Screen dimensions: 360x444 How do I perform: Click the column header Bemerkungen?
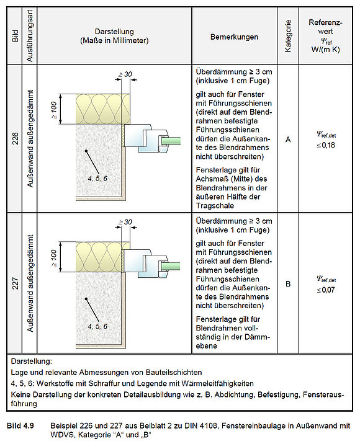(x=234, y=37)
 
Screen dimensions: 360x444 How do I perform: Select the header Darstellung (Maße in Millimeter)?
(x=114, y=36)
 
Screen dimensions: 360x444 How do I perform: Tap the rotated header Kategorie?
(x=288, y=36)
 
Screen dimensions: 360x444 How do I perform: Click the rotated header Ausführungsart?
(x=29, y=36)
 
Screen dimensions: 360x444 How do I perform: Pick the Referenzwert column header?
(x=325, y=36)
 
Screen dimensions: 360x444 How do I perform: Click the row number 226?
(x=15, y=138)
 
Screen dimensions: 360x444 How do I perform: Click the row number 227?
(x=15, y=283)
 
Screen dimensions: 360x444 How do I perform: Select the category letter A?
(x=288, y=140)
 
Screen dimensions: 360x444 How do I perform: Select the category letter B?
(x=288, y=284)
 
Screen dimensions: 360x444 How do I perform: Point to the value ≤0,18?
(x=326, y=145)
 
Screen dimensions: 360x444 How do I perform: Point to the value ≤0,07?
(x=326, y=290)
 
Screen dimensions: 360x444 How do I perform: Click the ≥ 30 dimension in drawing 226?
(x=125, y=74)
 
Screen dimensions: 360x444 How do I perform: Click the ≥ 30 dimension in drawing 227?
(x=125, y=222)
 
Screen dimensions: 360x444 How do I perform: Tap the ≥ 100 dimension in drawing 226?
(x=53, y=110)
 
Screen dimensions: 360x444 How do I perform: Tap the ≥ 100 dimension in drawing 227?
(x=53, y=258)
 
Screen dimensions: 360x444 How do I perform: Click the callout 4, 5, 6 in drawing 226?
(x=97, y=179)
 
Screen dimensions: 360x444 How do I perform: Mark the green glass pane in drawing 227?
(x=171, y=266)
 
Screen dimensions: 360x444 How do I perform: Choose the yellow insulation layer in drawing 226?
(x=103, y=109)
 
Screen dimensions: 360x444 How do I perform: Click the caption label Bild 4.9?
(x=20, y=425)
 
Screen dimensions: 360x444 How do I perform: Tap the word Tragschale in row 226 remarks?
(x=215, y=206)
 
